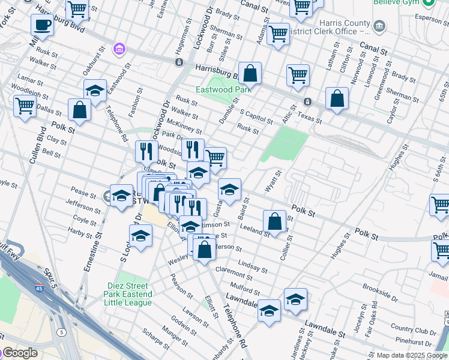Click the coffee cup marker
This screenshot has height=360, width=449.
coord(42,26)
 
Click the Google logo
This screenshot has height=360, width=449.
coord(19,353)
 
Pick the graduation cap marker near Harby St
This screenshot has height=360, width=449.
coord(140,236)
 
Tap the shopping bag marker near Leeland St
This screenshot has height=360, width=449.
coord(274,222)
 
